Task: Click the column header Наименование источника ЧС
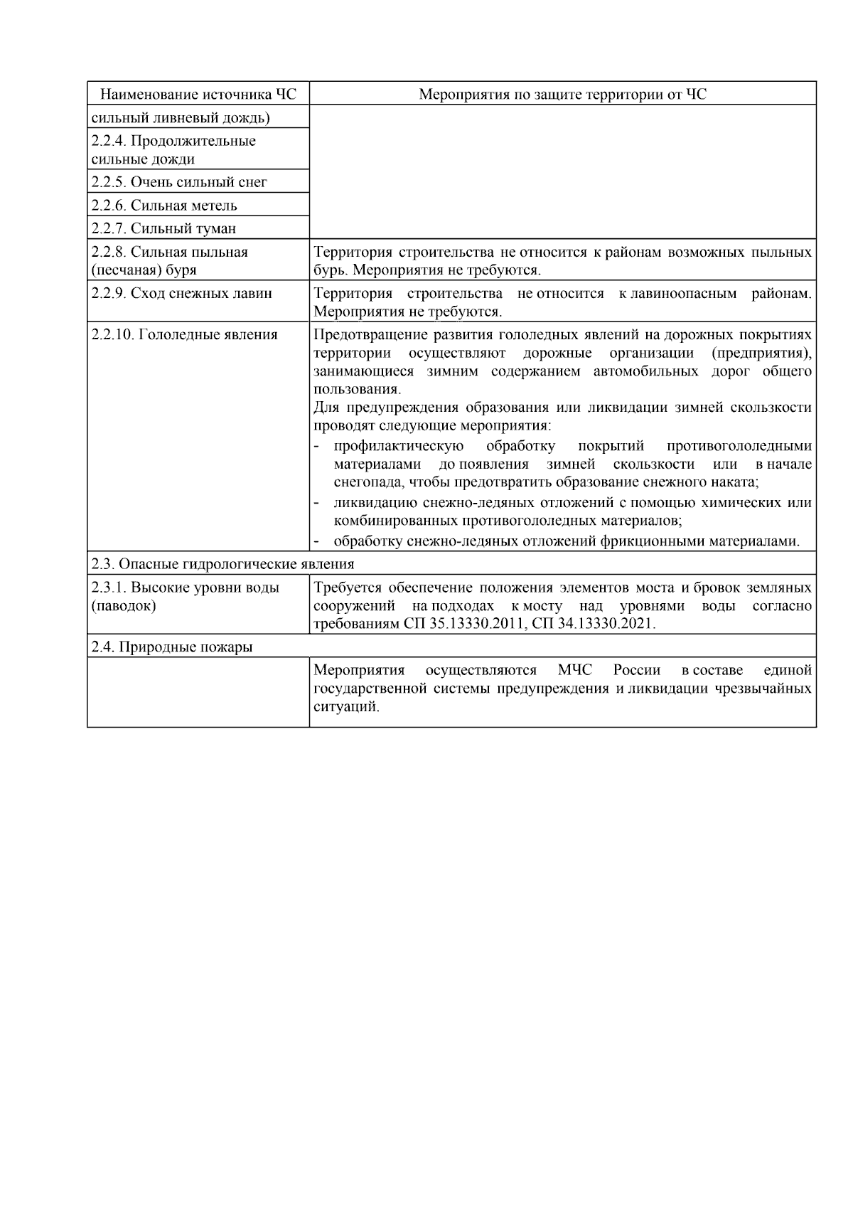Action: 198,95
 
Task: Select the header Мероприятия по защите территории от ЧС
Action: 562,95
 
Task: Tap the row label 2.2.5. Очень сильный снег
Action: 179,182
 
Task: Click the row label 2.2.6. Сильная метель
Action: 164,206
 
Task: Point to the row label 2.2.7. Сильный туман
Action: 163,229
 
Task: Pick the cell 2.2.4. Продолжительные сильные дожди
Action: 173,150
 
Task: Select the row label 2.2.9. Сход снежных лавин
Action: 181,294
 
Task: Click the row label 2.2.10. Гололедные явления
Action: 184,335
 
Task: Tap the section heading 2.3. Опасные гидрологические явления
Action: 222,565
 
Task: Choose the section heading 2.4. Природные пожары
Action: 172,647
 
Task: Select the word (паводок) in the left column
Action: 124,606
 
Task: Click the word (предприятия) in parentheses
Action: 761,353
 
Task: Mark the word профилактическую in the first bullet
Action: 399,447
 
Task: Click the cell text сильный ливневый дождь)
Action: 181,117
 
